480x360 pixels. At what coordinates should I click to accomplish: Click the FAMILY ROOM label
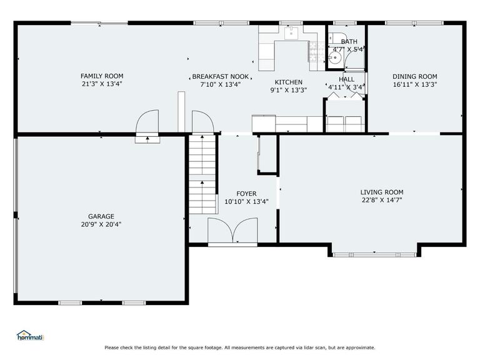pos(102,76)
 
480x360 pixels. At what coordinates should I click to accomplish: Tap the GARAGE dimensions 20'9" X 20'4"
pos(101,224)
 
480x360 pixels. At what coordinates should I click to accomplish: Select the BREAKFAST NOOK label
pos(221,76)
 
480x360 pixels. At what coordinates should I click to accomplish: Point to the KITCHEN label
pos(288,82)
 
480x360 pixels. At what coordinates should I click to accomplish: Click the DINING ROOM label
pos(415,76)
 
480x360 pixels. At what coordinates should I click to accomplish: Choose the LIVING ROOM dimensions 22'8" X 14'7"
pos(382,200)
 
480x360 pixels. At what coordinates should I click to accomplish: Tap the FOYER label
pos(246,194)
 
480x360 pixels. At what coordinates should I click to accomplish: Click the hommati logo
pos(30,336)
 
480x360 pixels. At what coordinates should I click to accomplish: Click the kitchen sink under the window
pos(291,33)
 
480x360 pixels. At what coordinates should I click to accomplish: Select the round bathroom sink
pos(334,57)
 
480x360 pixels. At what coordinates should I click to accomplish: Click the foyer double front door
pos(232,231)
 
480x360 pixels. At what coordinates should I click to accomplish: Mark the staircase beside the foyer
pos(202,174)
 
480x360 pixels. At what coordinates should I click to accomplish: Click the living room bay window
pos(374,255)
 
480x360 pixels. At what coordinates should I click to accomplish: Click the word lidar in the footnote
pos(308,347)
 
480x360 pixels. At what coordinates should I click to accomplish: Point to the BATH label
pos(349,42)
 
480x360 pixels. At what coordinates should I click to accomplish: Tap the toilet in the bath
pos(334,37)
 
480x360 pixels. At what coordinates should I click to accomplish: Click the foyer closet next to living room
pos(268,154)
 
